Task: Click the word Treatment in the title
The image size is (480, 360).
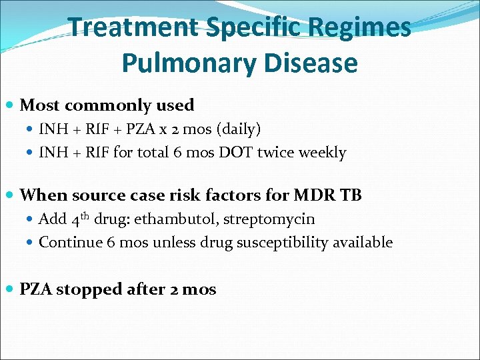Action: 133,27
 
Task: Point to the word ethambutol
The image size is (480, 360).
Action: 169,219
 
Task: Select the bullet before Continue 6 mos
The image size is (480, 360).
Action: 31,243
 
